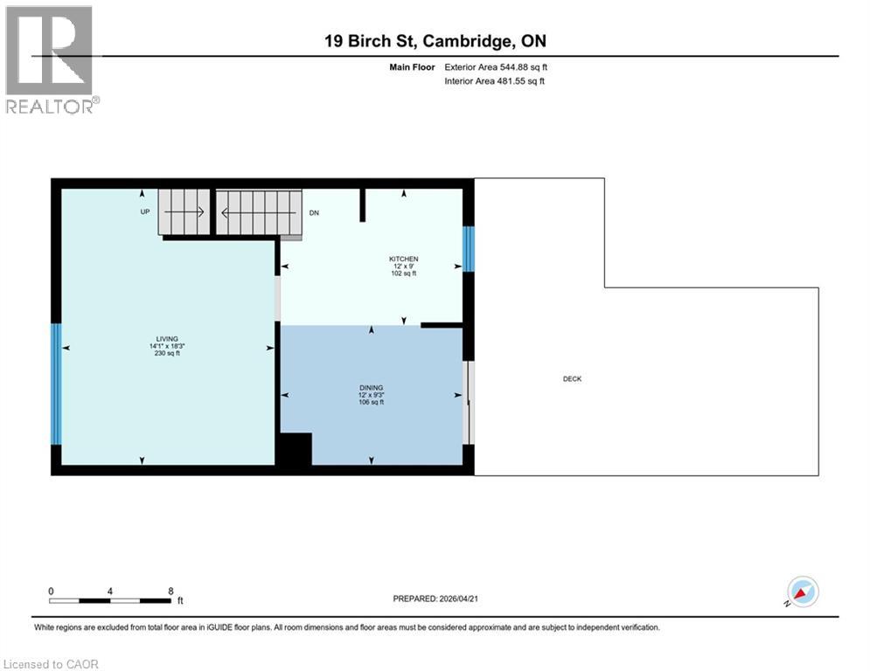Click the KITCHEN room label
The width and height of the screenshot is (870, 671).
click(403, 259)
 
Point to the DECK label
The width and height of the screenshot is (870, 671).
click(572, 378)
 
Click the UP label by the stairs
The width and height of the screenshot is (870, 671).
click(145, 212)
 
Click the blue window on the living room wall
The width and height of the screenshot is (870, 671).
click(56, 384)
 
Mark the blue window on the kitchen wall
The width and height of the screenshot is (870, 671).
click(468, 249)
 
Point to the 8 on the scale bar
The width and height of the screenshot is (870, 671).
click(170, 591)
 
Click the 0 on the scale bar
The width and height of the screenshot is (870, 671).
click(52, 591)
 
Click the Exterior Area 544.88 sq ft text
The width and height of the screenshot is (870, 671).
click(496, 66)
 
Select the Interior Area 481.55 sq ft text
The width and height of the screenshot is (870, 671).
click(496, 81)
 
